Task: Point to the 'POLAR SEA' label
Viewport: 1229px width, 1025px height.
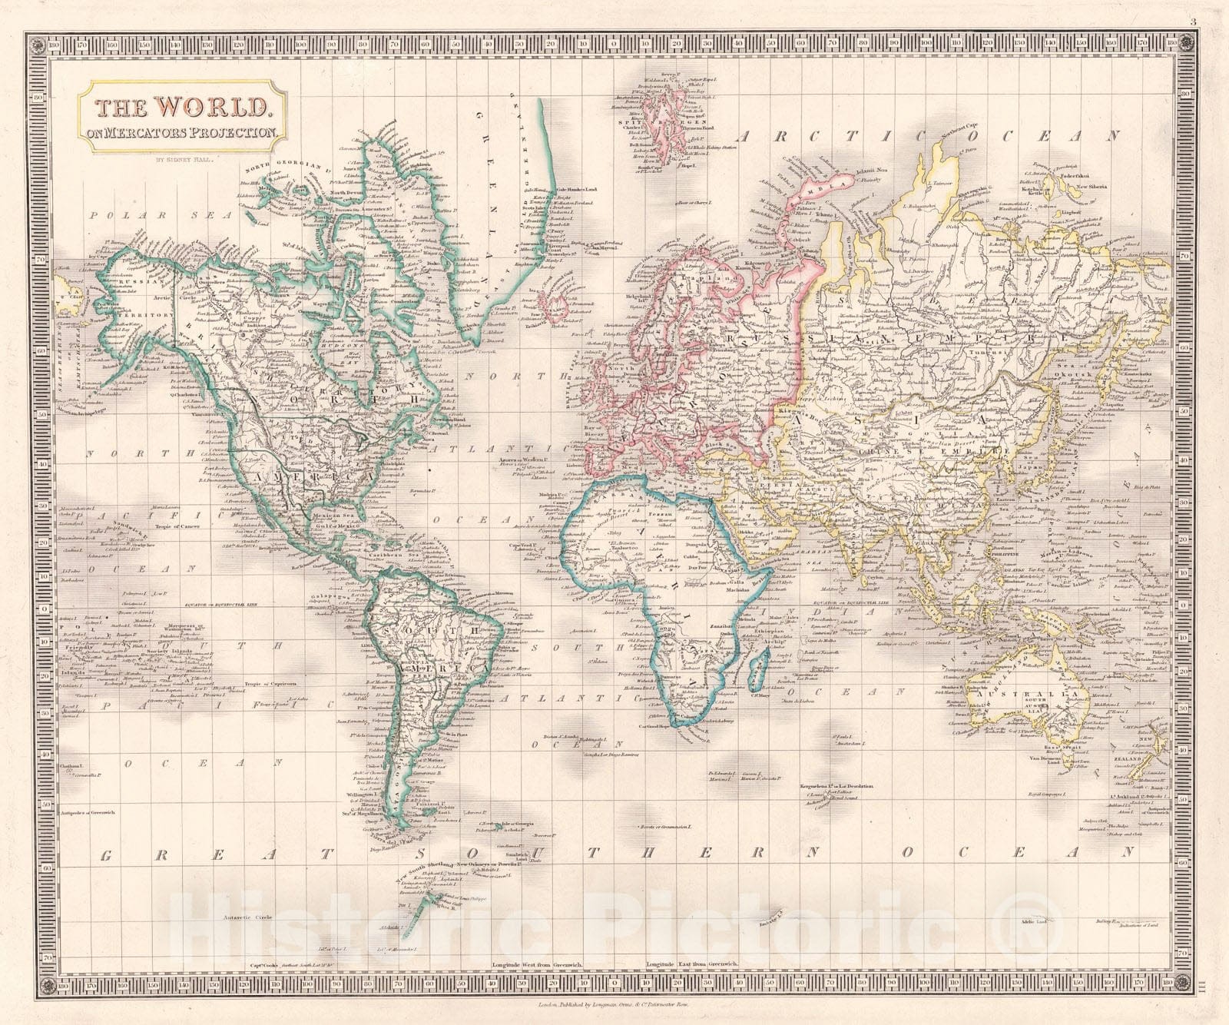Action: [160, 216]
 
